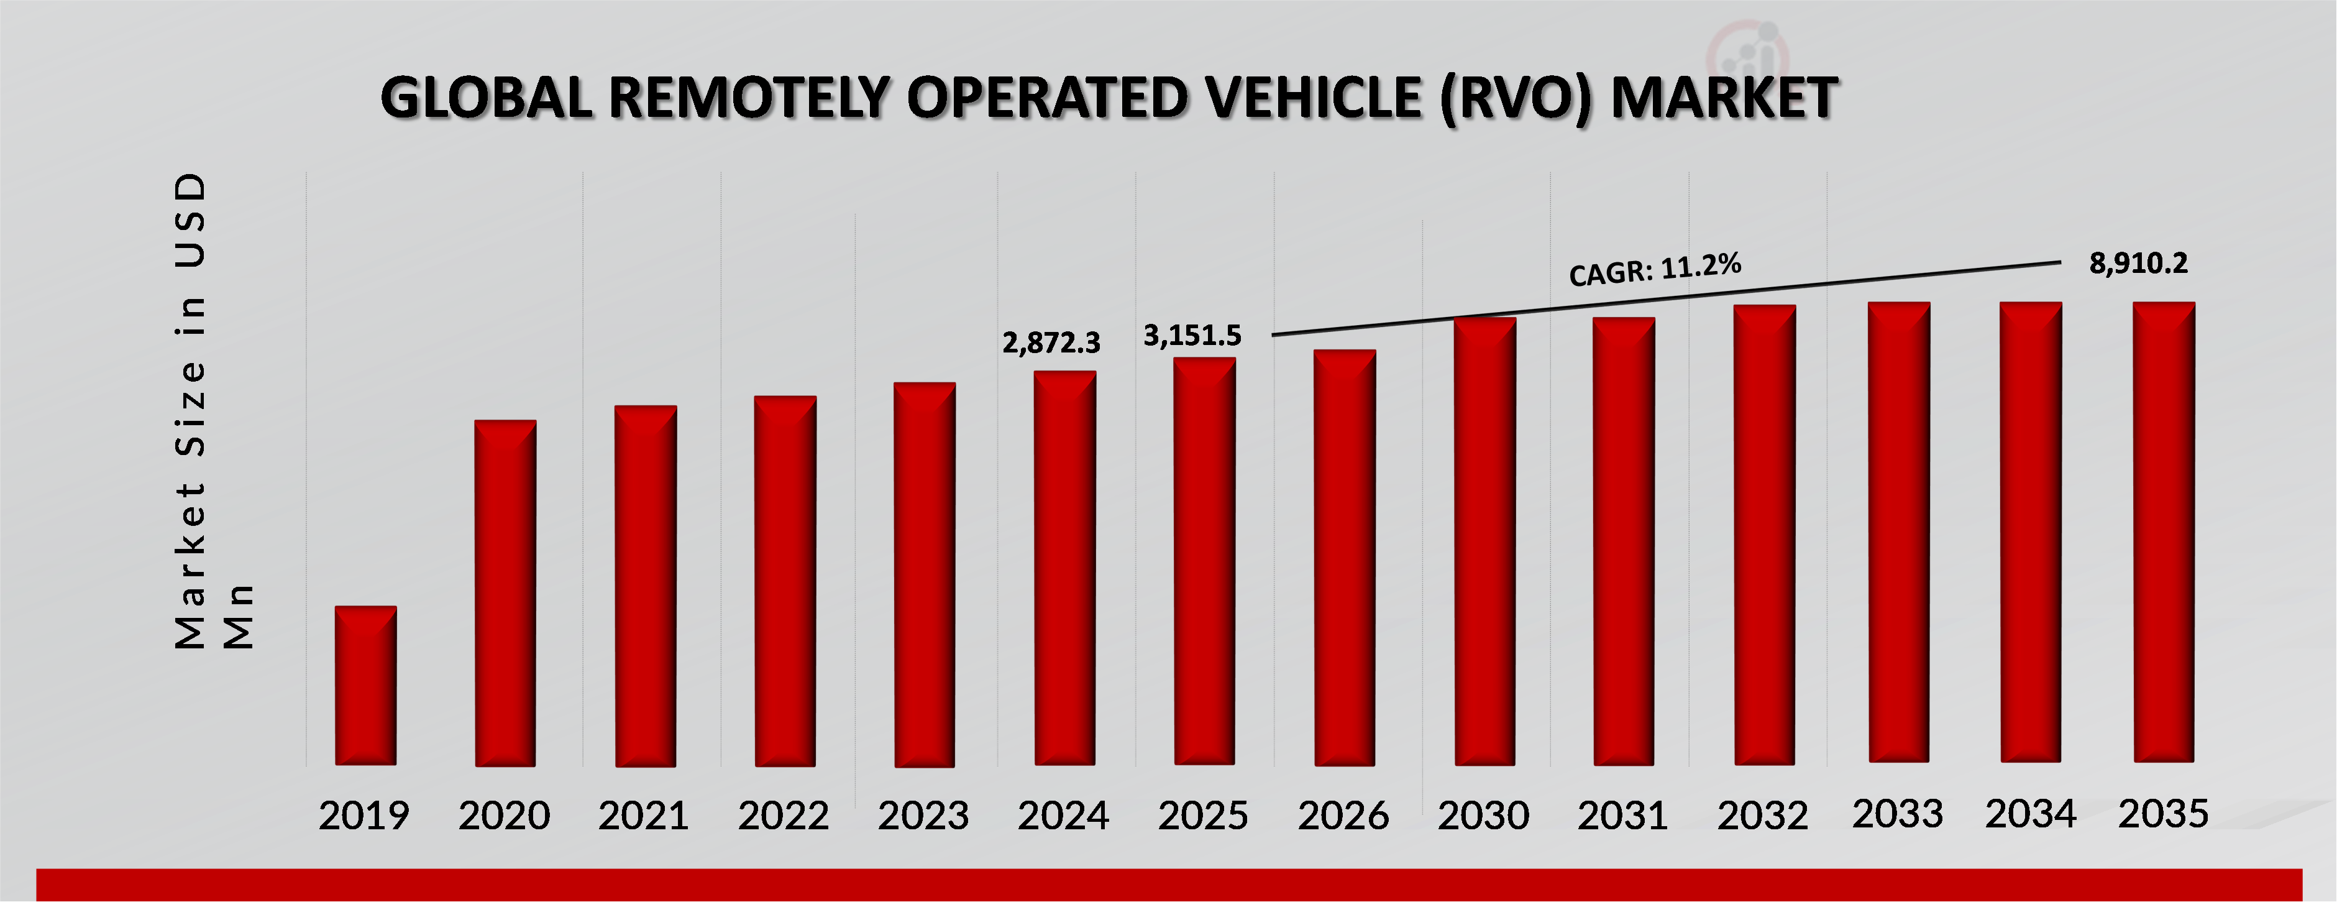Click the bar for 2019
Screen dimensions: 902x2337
(365, 685)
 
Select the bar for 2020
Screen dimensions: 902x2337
(505, 592)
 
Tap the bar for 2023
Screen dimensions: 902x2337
(925, 574)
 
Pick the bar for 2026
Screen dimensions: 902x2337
(1345, 557)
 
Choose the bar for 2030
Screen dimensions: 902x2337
(1484, 541)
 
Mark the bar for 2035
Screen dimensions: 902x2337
(2163, 532)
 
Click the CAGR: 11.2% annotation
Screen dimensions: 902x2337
(1655, 270)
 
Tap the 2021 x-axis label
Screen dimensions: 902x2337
(643, 816)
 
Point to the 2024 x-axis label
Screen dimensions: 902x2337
(1063, 816)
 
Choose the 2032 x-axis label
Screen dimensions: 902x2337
(1762, 816)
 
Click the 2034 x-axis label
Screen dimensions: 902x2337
(2031, 814)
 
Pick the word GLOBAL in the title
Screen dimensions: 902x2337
(487, 98)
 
